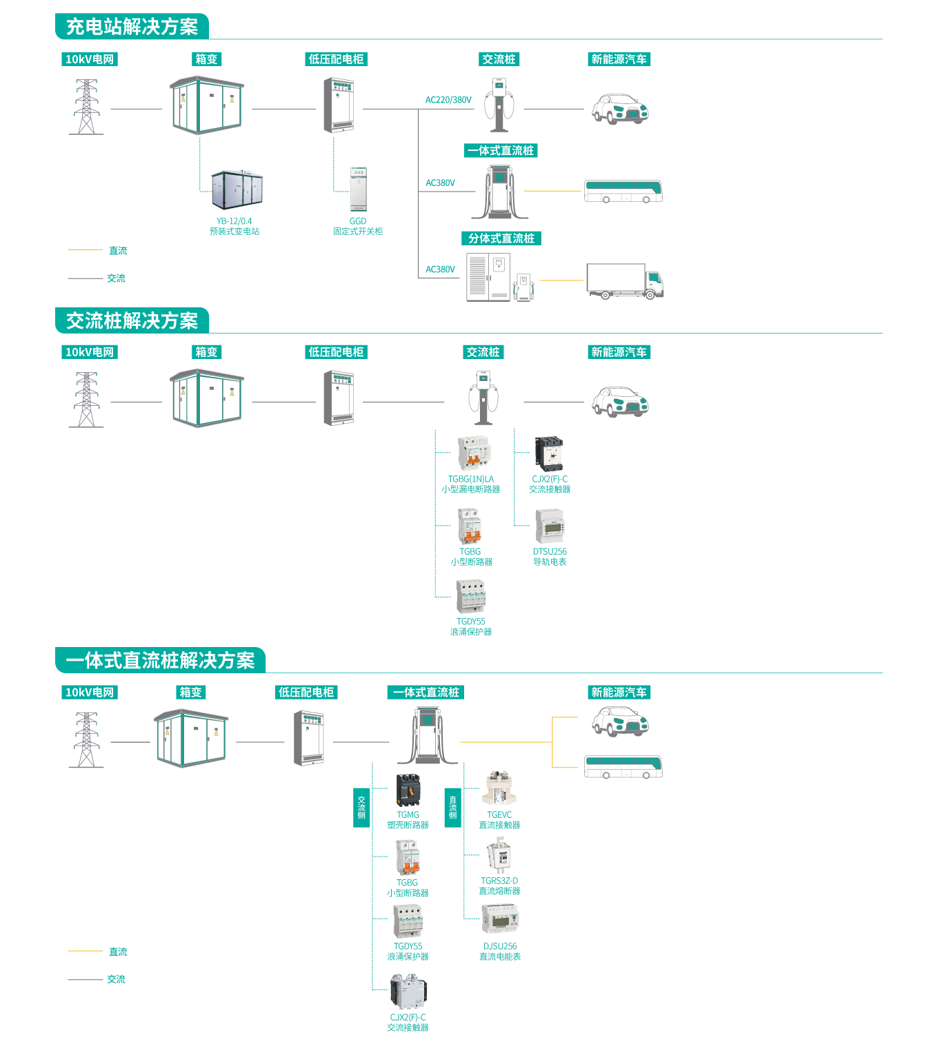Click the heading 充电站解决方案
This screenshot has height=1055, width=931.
pos(132,27)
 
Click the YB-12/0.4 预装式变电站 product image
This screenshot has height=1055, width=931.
pos(237,190)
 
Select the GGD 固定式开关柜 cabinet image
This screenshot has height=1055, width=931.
pos(358,189)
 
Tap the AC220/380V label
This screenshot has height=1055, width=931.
pos(448,100)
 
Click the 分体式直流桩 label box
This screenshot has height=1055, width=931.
pos(501,238)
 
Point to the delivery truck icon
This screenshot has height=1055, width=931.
pos(624,280)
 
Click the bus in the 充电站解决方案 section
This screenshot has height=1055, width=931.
pos(623,191)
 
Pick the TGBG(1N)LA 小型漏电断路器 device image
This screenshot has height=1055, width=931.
pos(474,453)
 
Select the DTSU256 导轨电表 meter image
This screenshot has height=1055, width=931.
pos(550,527)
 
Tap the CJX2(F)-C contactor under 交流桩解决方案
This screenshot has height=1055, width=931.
pos(550,454)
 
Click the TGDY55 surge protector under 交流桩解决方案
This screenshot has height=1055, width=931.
pos(471,596)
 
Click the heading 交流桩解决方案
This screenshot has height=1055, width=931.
pos(132,321)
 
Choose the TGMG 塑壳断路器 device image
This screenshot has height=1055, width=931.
pos(408,790)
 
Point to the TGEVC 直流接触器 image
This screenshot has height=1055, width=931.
pos(499,789)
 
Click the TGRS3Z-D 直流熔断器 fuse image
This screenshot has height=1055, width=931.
pos(499,856)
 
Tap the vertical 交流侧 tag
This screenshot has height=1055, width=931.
pos(361,808)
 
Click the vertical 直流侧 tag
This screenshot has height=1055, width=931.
pos(452,808)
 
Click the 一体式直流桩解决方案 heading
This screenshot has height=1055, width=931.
pos(160,661)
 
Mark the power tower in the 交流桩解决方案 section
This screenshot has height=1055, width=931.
pos(86,400)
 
